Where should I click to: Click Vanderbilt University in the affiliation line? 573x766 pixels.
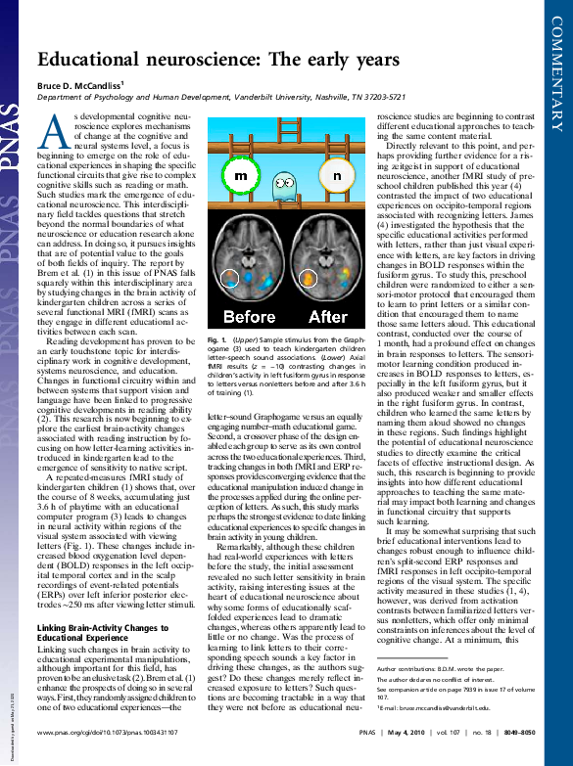pyautogui.click(x=328, y=99)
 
